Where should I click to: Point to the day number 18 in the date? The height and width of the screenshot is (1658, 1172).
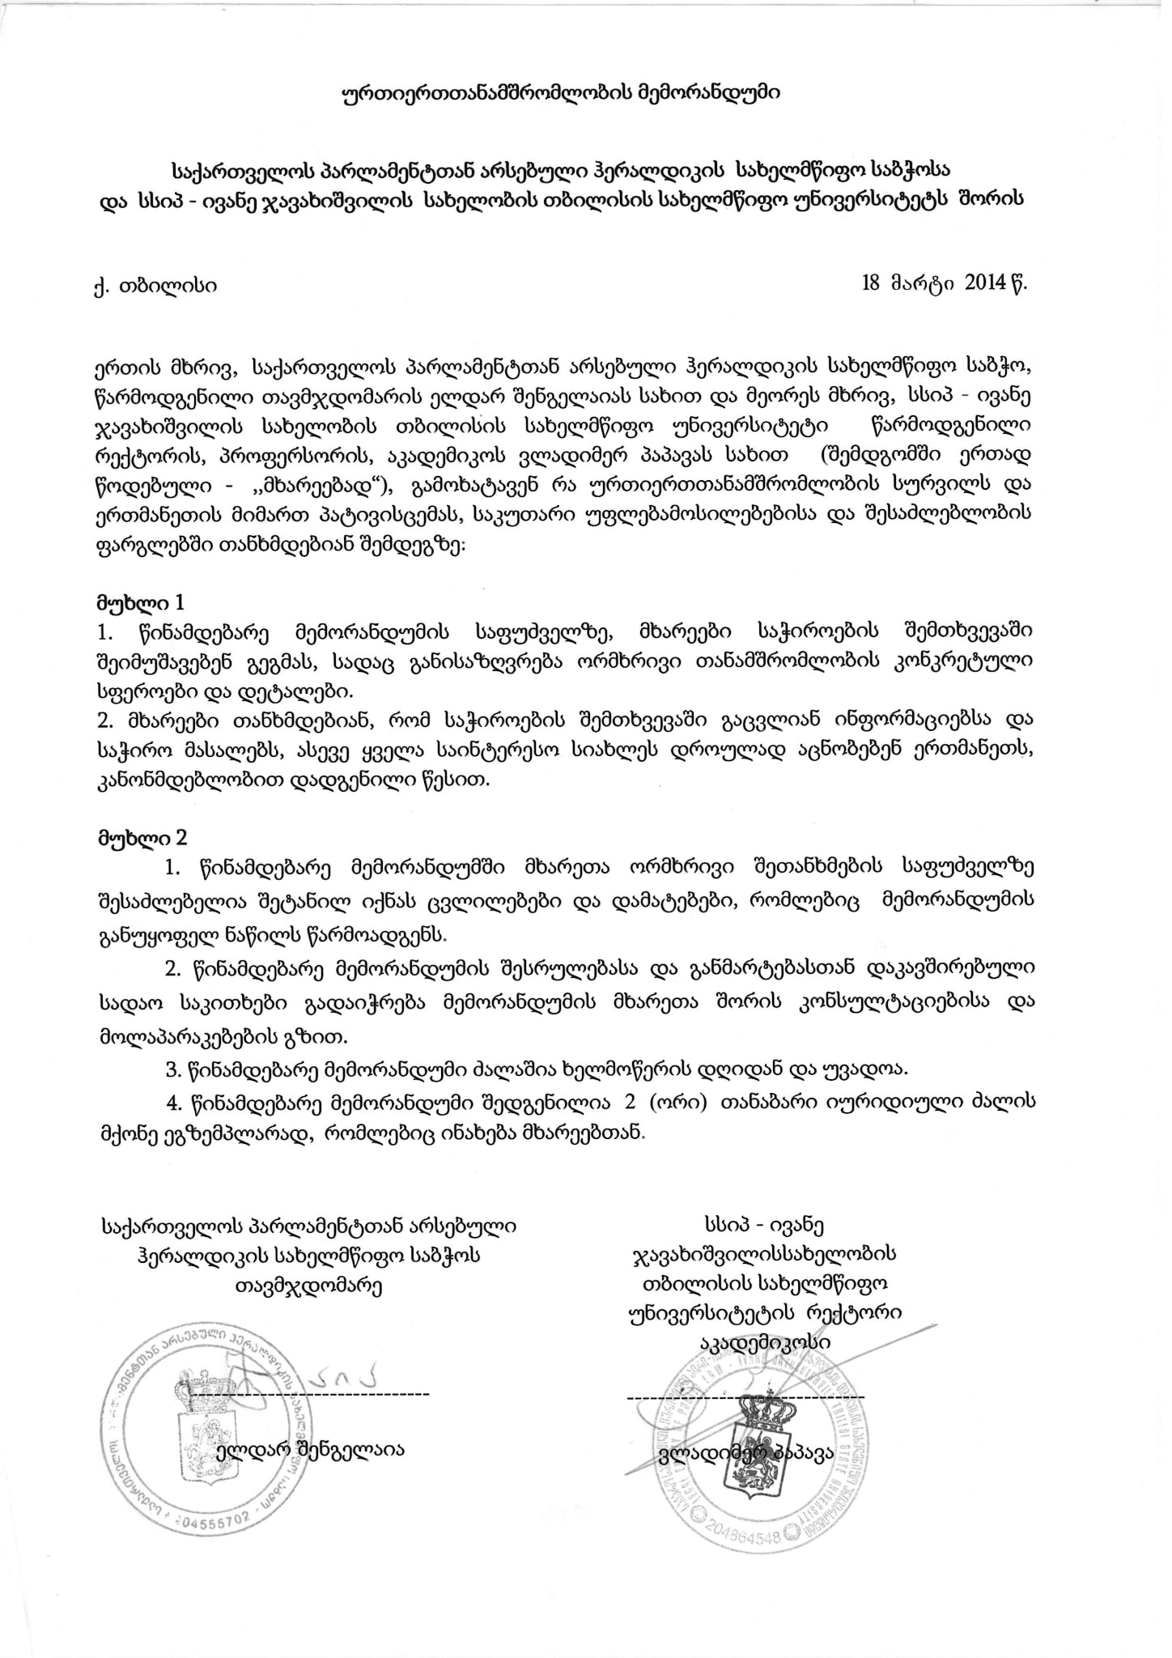(872, 283)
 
